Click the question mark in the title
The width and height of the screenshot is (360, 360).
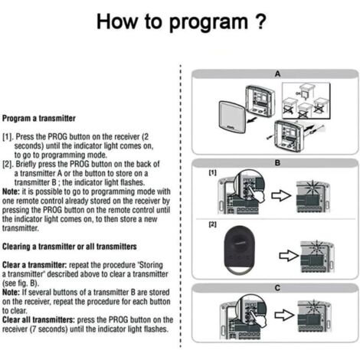260,21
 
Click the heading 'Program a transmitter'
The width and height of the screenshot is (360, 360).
39,119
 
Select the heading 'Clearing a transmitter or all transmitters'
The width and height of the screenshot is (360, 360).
70,247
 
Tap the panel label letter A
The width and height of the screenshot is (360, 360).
277,74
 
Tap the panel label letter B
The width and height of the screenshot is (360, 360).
277,163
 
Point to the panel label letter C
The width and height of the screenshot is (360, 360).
277,288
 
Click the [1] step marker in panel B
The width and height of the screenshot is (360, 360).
213,173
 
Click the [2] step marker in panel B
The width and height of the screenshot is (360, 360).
213,224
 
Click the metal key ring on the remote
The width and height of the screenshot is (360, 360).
239,270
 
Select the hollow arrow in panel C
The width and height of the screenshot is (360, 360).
284,315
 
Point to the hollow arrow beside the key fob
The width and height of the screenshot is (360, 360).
289,256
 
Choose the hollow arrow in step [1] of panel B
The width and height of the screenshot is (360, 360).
281,196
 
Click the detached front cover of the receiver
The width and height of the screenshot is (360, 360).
233,116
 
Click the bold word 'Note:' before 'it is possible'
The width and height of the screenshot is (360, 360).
11,191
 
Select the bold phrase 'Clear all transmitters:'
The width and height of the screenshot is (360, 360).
38,320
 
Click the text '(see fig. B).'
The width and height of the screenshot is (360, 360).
21,283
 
